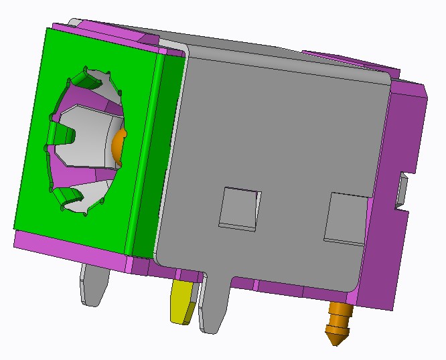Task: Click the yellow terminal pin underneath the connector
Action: pos(182,302)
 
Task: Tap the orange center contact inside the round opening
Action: pos(119,147)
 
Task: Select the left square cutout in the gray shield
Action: pos(239,207)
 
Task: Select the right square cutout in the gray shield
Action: pos(346,218)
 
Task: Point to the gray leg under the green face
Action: pos(94,281)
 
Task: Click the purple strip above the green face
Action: pos(100,33)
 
